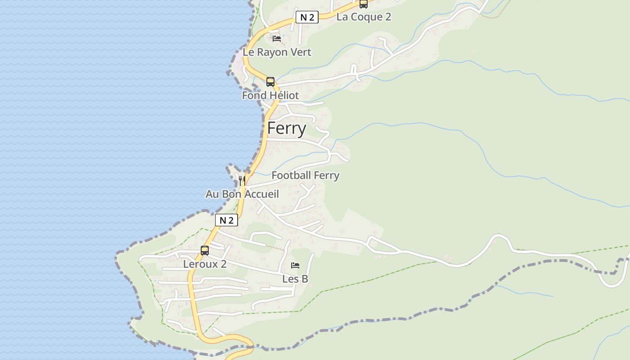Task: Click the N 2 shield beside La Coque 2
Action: (307, 18)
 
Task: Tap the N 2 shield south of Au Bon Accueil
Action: (226, 220)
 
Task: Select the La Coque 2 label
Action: (364, 17)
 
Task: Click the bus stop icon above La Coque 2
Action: (363, 4)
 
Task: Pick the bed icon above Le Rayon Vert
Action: (277, 39)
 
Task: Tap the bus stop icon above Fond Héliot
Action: (270, 82)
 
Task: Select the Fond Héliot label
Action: (270, 95)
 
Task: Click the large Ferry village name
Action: (287, 128)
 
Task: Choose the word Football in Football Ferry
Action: (291, 175)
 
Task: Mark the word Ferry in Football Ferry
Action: (326, 175)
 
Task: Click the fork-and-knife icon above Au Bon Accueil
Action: (242, 181)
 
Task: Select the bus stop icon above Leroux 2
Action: (205, 251)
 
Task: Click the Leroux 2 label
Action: (205, 264)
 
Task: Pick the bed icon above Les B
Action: (295, 265)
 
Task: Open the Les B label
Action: (295, 279)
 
